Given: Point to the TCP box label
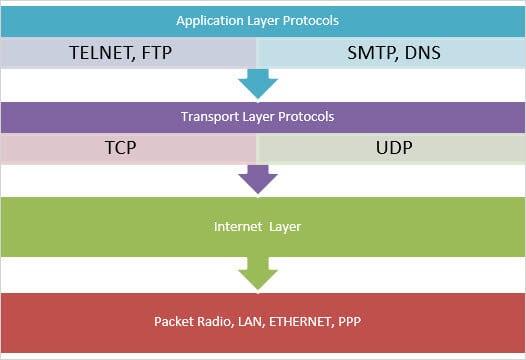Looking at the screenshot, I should point(120,147).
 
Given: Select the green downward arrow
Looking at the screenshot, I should point(258,272).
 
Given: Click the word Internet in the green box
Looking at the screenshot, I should point(238,227).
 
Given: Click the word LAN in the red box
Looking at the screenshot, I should point(257,322).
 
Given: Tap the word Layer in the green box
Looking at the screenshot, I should point(285,227).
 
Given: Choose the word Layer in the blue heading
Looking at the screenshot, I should point(256,20).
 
